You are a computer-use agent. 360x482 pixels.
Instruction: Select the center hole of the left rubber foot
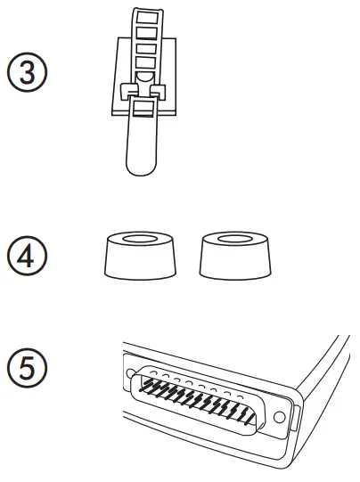(x=138, y=240)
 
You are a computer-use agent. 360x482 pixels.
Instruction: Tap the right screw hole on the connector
(x=281, y=416)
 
